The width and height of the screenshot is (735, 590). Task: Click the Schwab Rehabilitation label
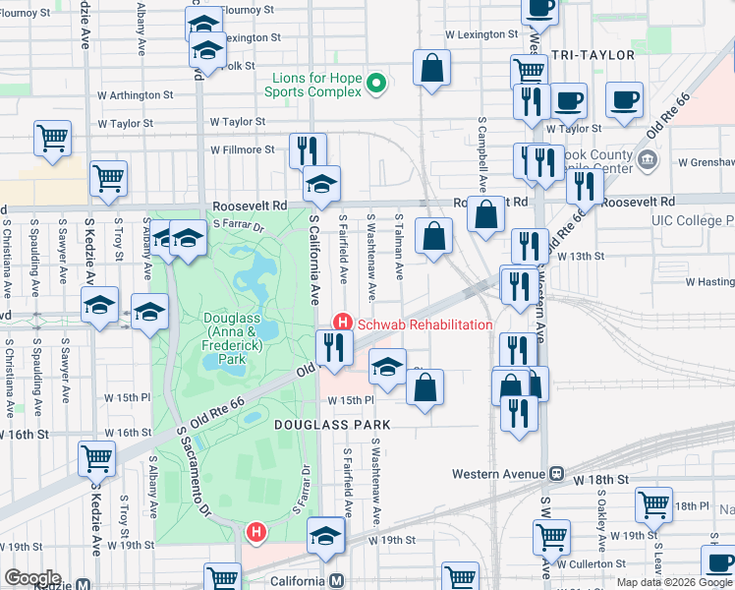pos(424,324)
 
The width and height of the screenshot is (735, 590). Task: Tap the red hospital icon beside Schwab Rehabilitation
pos(343,322)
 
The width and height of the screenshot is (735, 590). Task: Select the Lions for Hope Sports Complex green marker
pos(375,86)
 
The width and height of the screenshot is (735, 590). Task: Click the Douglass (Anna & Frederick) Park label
pos(224,338)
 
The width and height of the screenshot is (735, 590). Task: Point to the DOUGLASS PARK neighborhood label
pos(332,425)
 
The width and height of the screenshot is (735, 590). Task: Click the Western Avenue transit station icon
pos(556,474)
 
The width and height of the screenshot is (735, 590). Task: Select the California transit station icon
pos(336,580)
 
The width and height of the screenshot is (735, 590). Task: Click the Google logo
pos(32,578)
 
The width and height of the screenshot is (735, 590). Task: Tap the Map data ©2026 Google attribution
pos(673,582)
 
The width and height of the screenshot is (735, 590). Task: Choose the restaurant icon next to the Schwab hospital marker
pos(334,348)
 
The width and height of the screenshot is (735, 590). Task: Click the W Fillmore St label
pos(243,149)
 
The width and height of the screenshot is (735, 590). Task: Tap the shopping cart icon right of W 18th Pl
pos(653,505)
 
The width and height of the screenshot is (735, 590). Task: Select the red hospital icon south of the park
pos(256,533)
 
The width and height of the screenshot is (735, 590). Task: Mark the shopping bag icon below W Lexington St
pos(431,69)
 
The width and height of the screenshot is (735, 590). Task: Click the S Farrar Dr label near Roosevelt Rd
pos(240,225)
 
